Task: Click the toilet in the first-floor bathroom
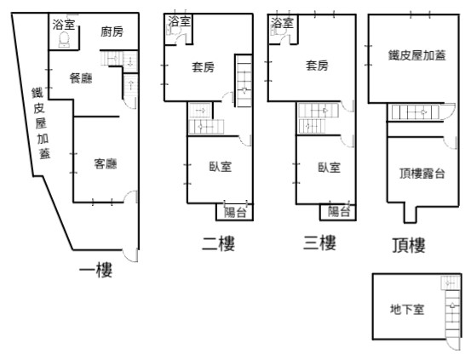[x=64, y=40]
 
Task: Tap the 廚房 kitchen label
[x=112, y=31]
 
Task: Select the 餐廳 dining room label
[x=81, y=78]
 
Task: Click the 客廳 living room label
[x=106, y=164]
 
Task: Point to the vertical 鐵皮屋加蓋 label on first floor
[x=41, y=123]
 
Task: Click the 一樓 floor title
[x=96, y=270]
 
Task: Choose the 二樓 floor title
[x=218, y=243]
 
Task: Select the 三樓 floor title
[x=319, y=243]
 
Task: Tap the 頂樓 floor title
[x=409, y=245]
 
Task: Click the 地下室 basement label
[x=407, y=309]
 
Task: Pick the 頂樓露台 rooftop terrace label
[x=422, y=174]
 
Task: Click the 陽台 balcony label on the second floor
[x=235, y=213]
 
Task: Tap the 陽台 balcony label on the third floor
[x=339, y=212]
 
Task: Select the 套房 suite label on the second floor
[x=203, y=67]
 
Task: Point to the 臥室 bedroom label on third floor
[x=330, y=168]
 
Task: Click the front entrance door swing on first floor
[x=130, y=255]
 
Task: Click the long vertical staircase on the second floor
[x=244, y=81]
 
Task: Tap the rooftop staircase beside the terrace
[x=415, y=112]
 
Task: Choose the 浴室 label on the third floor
[x=282, y=23]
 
